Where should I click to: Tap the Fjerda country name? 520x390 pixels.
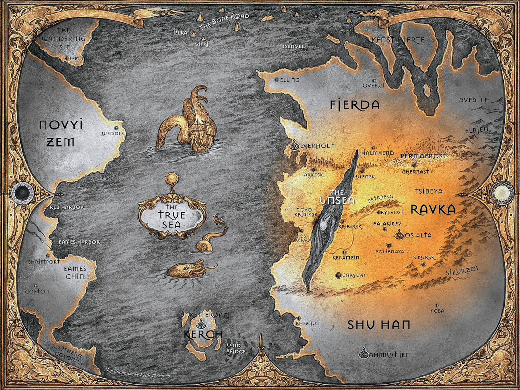coord(355,105)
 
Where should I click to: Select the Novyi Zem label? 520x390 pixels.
coord(61,133)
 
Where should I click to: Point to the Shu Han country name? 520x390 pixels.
coord(379,325)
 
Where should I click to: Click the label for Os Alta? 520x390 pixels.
coord(418,235)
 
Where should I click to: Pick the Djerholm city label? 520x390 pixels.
coord(318,146)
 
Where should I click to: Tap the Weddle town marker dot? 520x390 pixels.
coord(116,128)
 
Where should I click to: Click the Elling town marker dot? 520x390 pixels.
coord(277,80)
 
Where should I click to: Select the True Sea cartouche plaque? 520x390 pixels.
coord(172,216)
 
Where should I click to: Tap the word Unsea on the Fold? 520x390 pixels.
coord(337,200)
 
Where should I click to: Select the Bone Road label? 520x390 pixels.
coord(224,21)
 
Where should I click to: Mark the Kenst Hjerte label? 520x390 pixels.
coord(398,40)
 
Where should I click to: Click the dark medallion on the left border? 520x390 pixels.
coord(22,192)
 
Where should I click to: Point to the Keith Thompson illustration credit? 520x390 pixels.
coord(137,373)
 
